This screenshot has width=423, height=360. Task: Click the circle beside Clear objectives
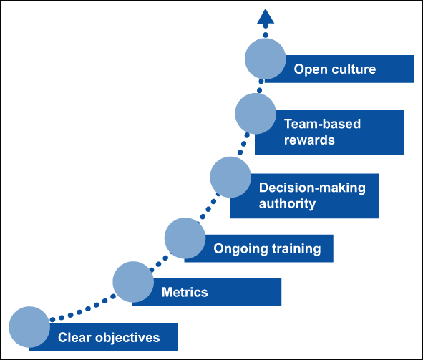coord(29,326)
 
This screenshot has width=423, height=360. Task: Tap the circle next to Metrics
coord(133,281)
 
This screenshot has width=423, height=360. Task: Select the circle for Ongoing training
coord(185,238)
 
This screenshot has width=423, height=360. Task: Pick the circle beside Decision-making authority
coord(230,177)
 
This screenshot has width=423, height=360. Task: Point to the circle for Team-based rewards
coord(256,115)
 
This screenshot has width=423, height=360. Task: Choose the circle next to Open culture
coord(265,59)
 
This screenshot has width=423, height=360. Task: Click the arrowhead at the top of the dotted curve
coord(266,17)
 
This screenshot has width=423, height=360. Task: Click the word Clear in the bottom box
coord(73,337)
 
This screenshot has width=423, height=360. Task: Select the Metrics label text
coord(185,292)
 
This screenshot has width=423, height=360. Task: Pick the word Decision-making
coord(311,188)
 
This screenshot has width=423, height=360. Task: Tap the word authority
coord(287,203)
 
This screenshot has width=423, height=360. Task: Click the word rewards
coord(309,140)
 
